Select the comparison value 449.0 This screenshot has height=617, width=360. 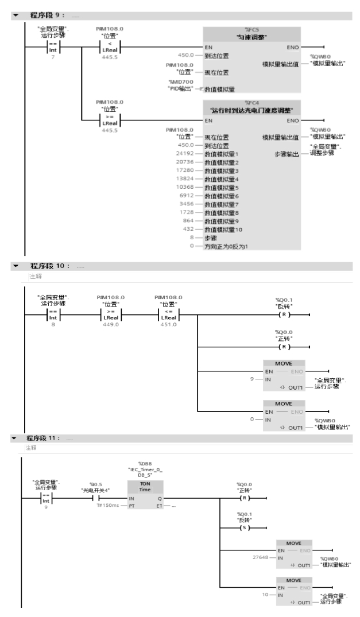(x=111, y=325)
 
